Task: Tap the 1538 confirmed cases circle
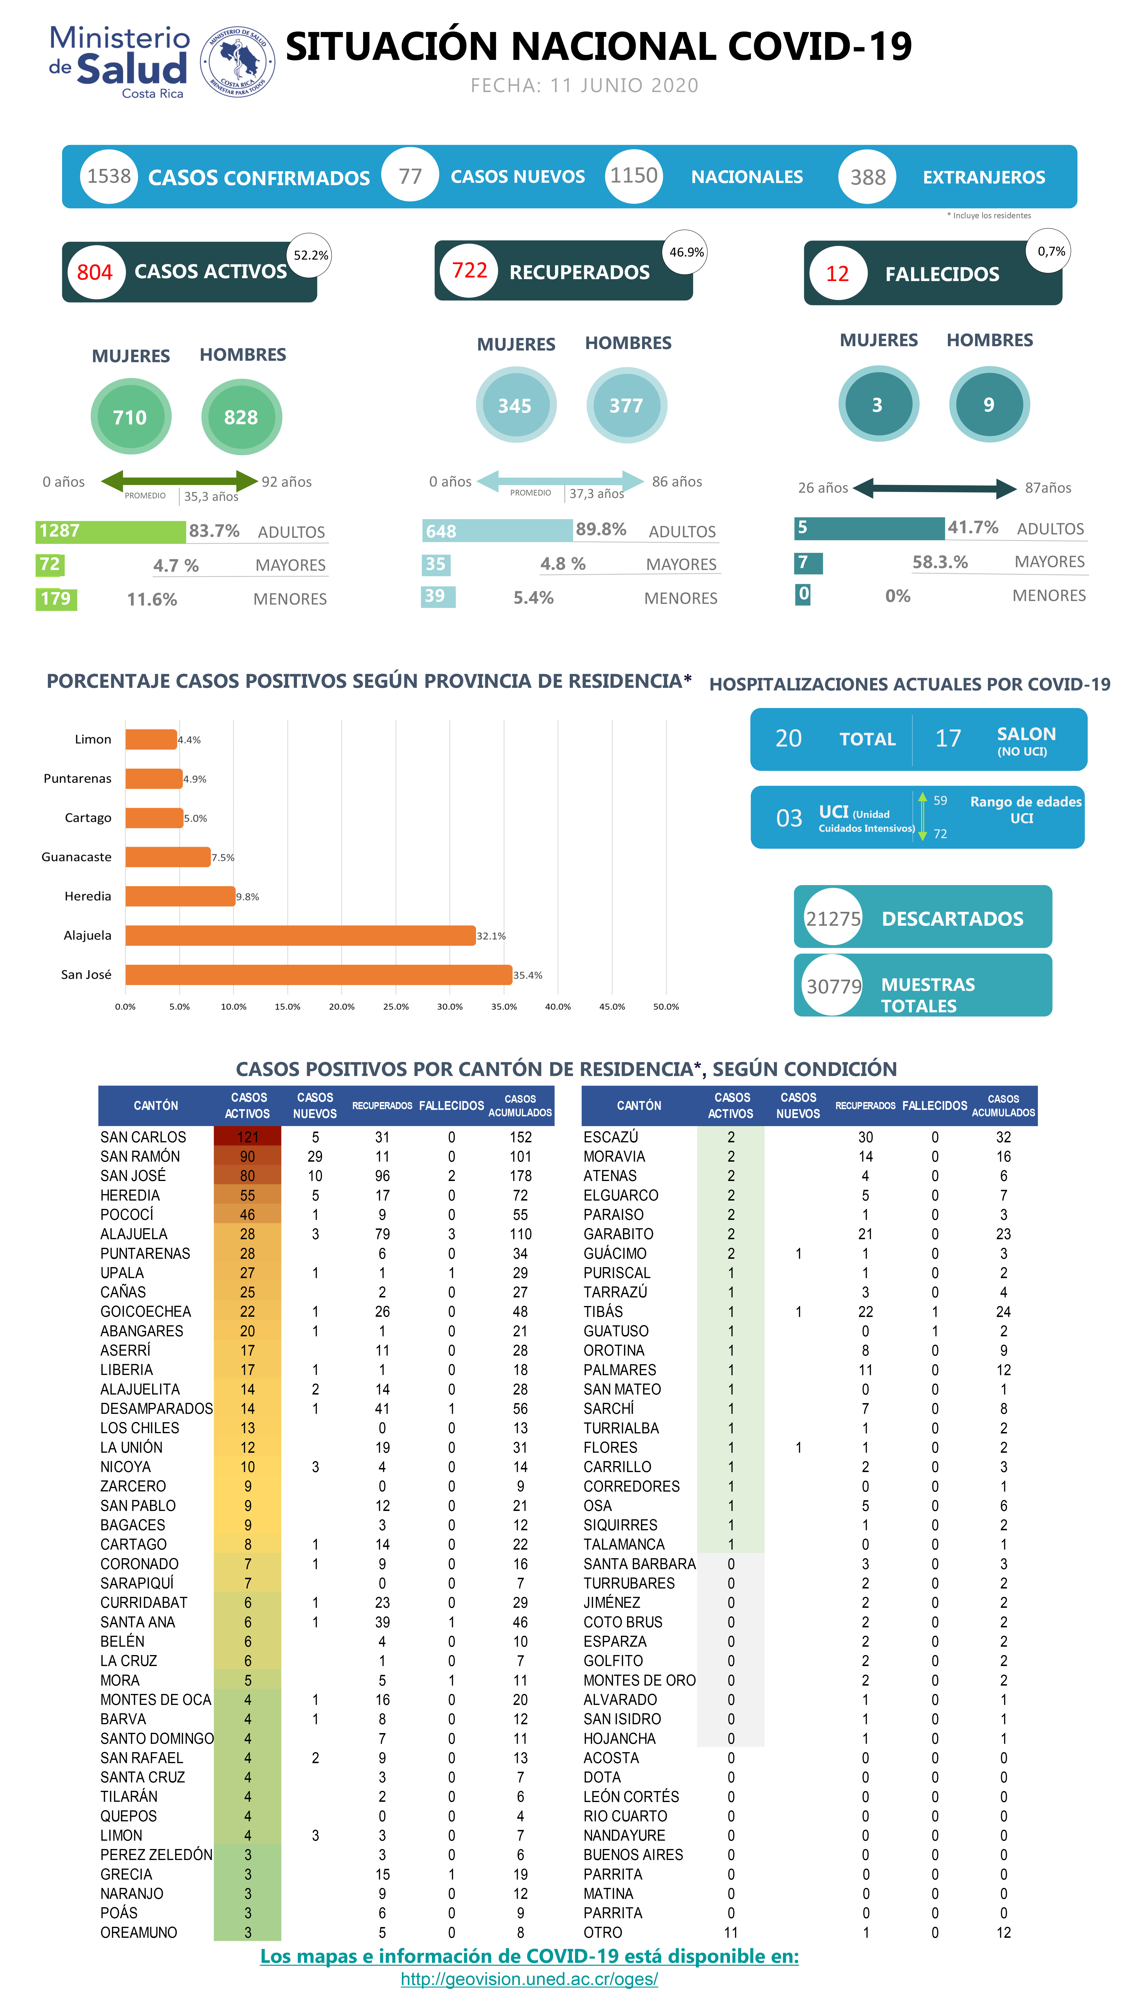click(x=109, y=176)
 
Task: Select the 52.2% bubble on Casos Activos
click(x=310, y=255)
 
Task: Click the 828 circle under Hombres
click(x=241, y=417)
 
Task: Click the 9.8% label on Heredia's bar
click(x=248, y=896)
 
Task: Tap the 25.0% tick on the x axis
click(x=395, y=1006)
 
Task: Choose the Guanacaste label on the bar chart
click(x=76, y=857)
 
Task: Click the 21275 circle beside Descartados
click(x=833, y=918)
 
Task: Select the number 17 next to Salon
click(x=948, y=738)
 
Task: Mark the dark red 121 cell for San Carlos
click(x=247, y=1136)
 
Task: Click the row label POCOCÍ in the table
click(x=127, y=1214)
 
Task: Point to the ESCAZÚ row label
click(x=611, y=1136)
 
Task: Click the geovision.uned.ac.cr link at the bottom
click(x=529, y=1979)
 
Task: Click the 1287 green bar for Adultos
click(x=110, y=531)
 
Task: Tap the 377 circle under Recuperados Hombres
click(x=626, y=406)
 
